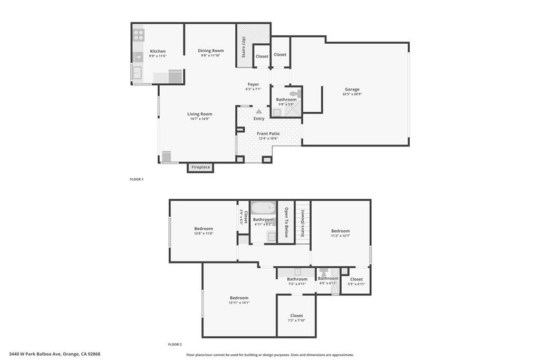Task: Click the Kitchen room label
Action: pos(157,51)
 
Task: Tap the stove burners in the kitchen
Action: pos(138,35)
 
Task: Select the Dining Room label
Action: pos(211,51)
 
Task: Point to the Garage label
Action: pos(352,89)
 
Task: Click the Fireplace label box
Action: pos(200,167)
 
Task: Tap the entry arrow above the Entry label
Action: pos(258,111)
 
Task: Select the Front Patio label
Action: pos(268,134)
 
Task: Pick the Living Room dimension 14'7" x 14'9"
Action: pos(200,119)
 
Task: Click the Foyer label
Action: pos(253,84)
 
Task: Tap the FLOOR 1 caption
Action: pos(137,179)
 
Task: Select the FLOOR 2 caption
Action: pos(175,344)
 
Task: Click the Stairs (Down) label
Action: pos(303,222)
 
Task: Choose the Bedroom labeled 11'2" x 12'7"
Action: pos(340,231)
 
